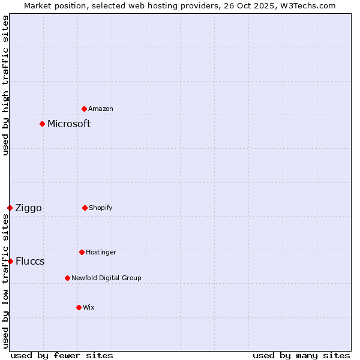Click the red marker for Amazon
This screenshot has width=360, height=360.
pos(84,109)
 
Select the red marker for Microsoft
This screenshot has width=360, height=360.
pos(42,124)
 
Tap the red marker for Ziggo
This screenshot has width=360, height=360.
pos(10,208)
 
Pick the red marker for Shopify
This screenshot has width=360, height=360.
pos(85,208)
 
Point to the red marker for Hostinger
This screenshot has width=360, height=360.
pos(82,252)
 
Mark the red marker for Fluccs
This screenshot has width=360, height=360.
pos(10,261)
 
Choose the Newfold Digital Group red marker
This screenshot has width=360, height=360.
pos(67,278)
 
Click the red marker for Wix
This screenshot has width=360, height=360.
pos(79,307)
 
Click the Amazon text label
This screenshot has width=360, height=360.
pos(101,109)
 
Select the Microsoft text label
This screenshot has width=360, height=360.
pos(69,124)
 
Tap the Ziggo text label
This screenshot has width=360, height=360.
pos(28,208)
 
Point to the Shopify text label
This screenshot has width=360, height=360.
pos(101,208)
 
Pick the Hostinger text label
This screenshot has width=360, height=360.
pos(101,252)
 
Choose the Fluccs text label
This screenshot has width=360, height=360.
pos(30,262)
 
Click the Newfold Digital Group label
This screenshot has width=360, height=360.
pos(106,278)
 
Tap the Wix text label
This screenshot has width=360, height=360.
pos(89,307)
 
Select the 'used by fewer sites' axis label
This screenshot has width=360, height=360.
pos(62,355)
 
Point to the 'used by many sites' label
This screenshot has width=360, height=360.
pos(301,355)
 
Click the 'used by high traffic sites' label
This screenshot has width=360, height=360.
pos(5,85)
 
